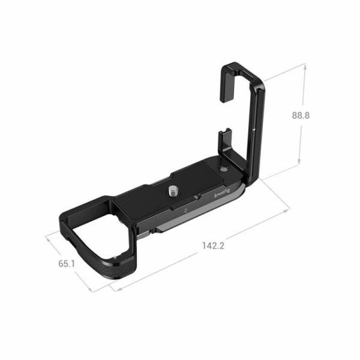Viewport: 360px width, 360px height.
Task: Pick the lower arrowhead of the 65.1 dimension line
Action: (x=92, y=292)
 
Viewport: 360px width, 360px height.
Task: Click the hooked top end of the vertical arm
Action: (x=237, y=68)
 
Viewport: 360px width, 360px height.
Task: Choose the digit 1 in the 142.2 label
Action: (x=204, y=246)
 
